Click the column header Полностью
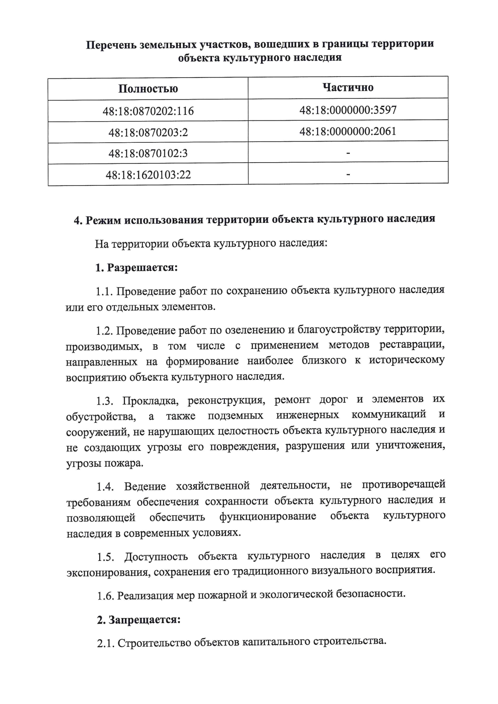[148, 89]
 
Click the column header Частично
[348, 87]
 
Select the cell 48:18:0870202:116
[148, 111]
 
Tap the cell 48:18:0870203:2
[148, 132]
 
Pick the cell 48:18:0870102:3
[148, 153]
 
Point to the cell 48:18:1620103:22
[148, 175]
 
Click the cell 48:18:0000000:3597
[348, 110]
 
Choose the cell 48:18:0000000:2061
[348, 131]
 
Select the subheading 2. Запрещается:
[139, 620]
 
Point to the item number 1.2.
[105, 331]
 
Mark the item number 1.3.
[105, 402]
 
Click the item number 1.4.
[105, 486]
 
